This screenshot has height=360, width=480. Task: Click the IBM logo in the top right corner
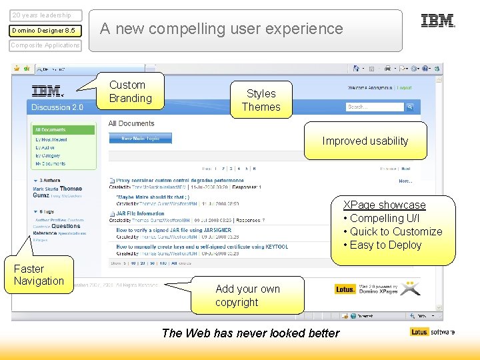(x=437, y=21)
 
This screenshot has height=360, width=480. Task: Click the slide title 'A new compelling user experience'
(x=221, y=29)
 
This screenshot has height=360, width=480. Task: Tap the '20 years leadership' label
(x=42, y=15)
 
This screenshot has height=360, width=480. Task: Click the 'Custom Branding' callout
(x=130, y=91)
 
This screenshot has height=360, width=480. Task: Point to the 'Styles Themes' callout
(x=261, y=100)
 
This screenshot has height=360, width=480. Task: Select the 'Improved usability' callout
(x=365, y=141)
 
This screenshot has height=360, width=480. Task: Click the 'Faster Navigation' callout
(x=39, y=275)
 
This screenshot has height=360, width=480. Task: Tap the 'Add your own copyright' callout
(x=247, y=295)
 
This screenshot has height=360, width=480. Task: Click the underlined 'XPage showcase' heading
(x=384, y=205)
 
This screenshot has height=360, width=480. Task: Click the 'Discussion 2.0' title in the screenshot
(x=57, y=107)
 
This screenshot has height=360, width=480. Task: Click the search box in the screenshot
(x=375, y=107)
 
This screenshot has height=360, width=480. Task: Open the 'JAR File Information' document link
(x=141, y=214)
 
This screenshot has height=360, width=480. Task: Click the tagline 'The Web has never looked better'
(x=251, y=333)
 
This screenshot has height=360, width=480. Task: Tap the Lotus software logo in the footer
(x=433, y=331)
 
